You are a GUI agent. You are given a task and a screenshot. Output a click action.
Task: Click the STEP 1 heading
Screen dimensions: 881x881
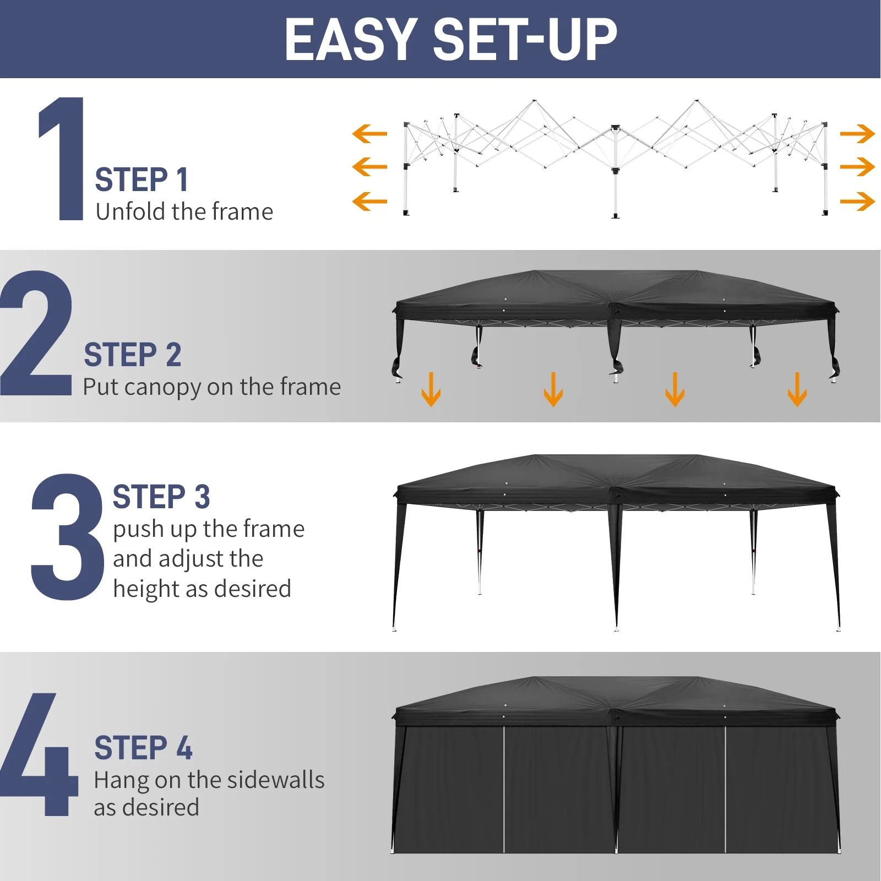click(x=142, y=180)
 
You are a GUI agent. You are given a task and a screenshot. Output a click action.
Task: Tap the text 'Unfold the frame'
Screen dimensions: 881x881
click(x=184, y=212)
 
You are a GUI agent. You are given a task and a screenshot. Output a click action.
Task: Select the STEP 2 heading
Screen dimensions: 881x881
click(x=133, y=355)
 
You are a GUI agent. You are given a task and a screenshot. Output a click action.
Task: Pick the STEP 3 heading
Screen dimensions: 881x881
click(x=161, y=497)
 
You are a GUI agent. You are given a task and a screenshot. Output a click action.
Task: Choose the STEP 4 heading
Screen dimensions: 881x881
click(x=143, y=748)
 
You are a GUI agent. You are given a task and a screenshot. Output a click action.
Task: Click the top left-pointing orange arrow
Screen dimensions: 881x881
click(x=369, y=134)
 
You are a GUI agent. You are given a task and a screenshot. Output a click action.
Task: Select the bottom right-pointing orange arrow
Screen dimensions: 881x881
click(x=857, y=201)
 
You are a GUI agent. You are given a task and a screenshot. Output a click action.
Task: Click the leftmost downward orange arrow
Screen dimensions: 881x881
click(x=431, y=390)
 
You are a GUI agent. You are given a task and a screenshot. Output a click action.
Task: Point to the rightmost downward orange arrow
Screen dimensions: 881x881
click(x=797, y=390)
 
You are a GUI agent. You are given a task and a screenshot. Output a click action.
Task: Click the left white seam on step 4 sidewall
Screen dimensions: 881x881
click(x=504, y=787)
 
